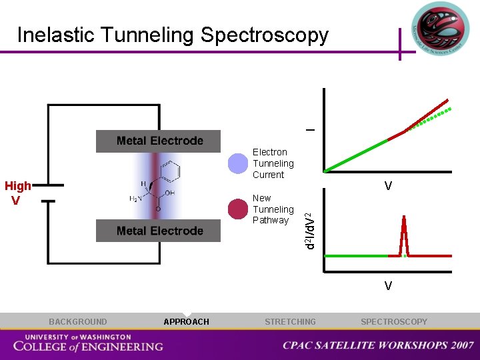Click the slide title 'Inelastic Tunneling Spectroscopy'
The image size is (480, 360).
(173, 35)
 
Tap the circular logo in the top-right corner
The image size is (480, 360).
(441, 29)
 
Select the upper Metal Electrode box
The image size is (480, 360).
(159, 141)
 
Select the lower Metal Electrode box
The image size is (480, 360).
(159, 231)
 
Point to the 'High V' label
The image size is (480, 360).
(17, 193)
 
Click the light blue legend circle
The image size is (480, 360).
(238, 163)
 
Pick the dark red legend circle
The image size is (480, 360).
(238, 209)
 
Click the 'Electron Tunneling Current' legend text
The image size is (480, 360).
(273, 163)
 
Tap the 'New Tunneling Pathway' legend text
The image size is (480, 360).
(273, 209)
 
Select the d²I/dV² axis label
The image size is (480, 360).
(310, 230)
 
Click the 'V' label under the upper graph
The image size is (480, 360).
(387, 187)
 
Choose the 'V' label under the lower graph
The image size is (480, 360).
(387, 286)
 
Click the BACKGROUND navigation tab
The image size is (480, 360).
(77, 322)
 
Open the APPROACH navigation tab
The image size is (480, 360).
(186, 322)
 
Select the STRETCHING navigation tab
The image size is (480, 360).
(290, 322)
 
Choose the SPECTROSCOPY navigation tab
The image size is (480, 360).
(394, 322)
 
